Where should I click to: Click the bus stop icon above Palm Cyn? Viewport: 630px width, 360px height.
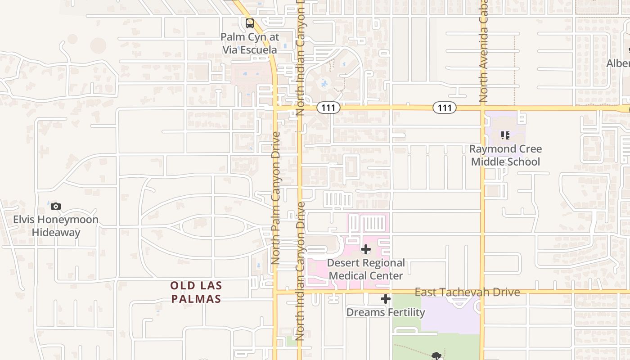[249, 23]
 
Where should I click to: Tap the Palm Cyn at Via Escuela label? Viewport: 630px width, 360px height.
[250, 43]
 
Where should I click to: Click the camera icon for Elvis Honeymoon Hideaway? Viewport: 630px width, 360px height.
[56, 207]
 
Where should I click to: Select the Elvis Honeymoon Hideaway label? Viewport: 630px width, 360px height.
[56, 226]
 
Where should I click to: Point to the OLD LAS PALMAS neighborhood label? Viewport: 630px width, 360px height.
[196, 292]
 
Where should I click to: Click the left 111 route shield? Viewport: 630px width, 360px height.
[328, 108]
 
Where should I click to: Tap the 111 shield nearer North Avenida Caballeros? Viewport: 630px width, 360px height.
[445, 108]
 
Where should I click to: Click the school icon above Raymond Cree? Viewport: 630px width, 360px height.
[505, 135]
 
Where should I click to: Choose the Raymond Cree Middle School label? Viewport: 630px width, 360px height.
[505, 155]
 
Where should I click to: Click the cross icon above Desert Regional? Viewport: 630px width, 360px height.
[366, 249]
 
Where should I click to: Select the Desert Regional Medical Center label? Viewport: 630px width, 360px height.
[366, 269]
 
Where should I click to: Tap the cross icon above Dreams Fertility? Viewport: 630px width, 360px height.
[386, 299]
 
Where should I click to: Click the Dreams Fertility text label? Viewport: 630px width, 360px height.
[386, 312]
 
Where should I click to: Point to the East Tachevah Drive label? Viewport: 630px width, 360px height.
[467, 292]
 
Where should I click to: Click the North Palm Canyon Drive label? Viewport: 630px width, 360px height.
[276, 198]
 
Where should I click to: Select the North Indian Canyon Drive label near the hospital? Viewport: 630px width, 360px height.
[301, 270]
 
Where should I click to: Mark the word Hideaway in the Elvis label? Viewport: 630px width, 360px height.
[56, 233]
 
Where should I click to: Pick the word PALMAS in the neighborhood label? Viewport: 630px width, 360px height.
[196, 299]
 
